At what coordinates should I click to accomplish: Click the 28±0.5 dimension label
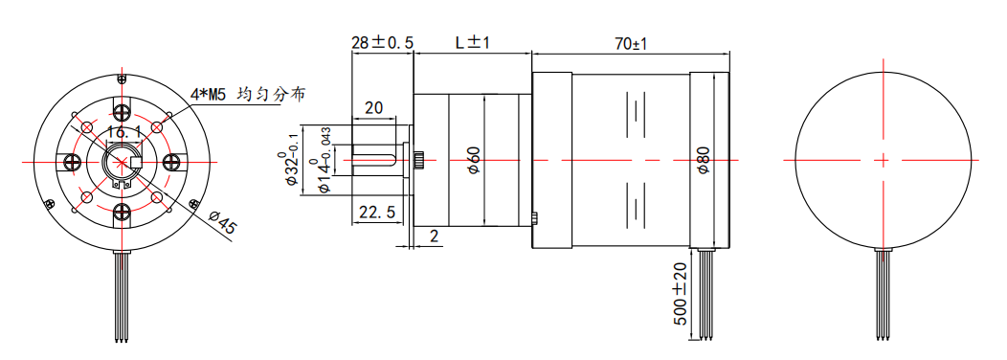[x=382, y=43]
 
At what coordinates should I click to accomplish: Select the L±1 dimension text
[x=472, y=43]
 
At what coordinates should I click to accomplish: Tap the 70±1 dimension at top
[x=630, y=44]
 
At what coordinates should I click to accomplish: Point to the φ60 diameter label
[x=474, y=160]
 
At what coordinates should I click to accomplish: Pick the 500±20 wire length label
[x=681, y=294]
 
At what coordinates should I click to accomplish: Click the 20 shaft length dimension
[x=373, y=107]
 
